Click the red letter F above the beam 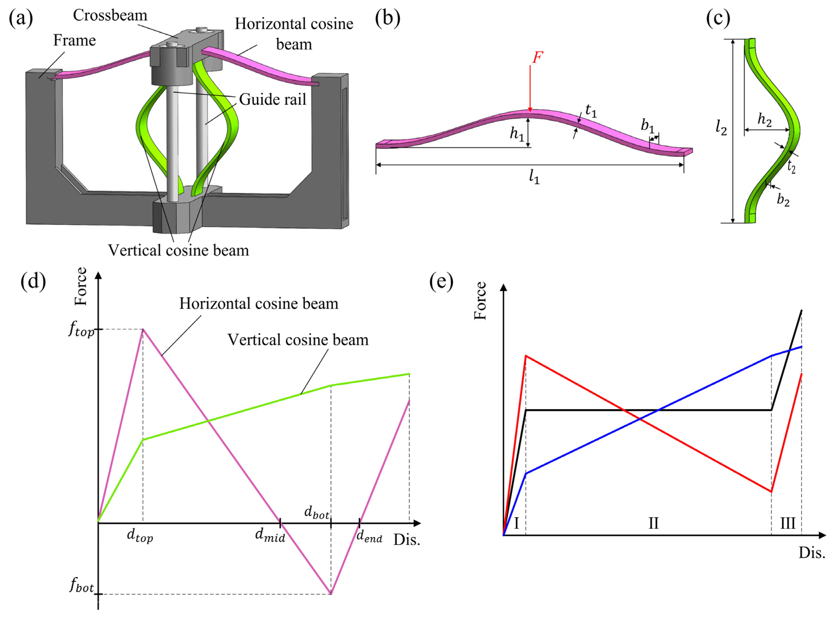pyautogui.click(x=537, y=58)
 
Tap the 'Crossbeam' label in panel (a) pyautogui.click(x=110, y=15)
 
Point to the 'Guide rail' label pyautogui.click(x=272, y=99)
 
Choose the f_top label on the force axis pyautogui.click(x=81, y=329)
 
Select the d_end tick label pyautogui.click(x=369, y=536)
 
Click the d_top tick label pyautogui.click(x=140, y=536)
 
